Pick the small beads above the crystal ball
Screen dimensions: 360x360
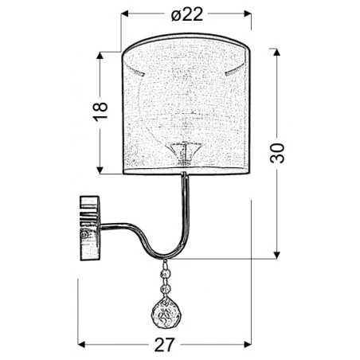coord(166,275)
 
